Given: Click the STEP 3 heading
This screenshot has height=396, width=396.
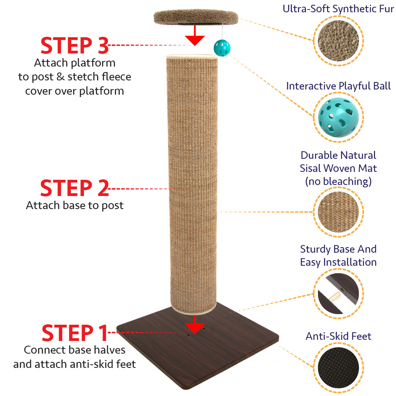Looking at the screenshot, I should coord(74,46).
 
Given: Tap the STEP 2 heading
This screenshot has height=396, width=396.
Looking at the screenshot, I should coord(74,188).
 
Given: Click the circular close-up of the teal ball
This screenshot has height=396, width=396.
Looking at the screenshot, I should coord(338,117).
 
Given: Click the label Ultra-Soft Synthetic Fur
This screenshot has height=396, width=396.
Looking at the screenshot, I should coord(338,8).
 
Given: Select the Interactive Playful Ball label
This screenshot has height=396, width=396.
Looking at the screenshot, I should coord(338,86).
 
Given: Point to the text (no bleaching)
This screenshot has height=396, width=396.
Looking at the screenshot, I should coord(338,181).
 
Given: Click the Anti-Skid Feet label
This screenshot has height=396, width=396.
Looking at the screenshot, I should coord(338,336).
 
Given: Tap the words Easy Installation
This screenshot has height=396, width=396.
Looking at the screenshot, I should coord(338,262).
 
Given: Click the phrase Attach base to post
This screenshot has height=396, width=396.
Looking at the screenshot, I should coord(74,206).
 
